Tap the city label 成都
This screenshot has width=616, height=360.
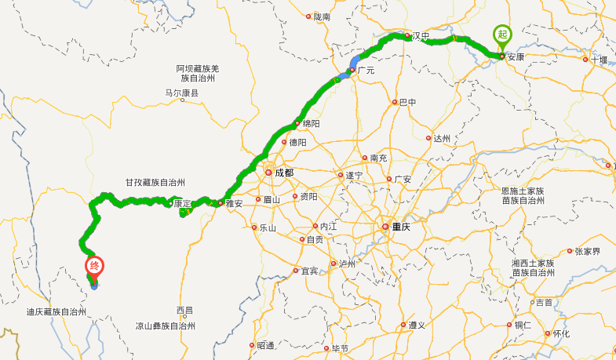[x=283, y=173]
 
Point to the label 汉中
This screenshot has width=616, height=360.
[x=421, y=36]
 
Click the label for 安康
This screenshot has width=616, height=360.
[x=516, y=56]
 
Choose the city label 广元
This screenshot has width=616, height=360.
[x=366, y=71]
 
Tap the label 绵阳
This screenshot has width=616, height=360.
[x=311, y=124]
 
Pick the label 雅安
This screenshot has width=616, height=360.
[x=234, y=203]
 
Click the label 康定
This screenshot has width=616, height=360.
[x=182, y=203]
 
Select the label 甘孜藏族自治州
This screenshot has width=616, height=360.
[x=155, y=181]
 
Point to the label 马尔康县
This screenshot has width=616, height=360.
[x=181, y=93]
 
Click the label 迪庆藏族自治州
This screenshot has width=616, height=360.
[x=56, y=311]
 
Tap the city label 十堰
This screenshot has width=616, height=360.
[x=600, y=60]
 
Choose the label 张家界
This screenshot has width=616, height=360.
[x=587, y=252]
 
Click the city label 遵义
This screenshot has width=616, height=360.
[x=417, y=325]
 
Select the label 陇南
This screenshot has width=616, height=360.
[x=322, y=16]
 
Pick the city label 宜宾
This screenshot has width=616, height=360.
[x=310, y=271]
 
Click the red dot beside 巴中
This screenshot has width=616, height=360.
[x=395, y=102]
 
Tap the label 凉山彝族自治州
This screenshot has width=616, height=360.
[x=164, y=325]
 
